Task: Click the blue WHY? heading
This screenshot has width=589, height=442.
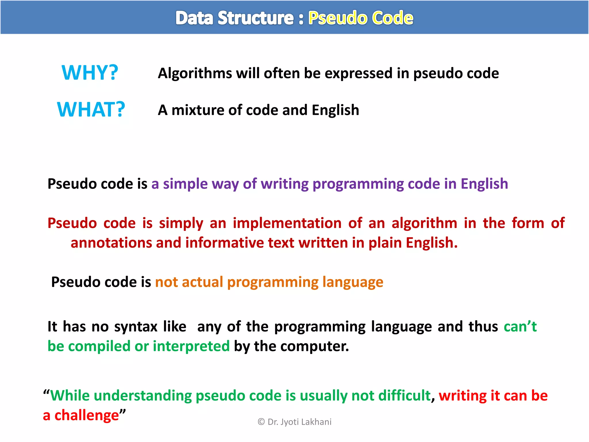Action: [x=90, y=73]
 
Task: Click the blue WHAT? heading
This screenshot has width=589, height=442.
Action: [x=91, y=110]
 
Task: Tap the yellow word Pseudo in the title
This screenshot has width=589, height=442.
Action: [x=338, y=18]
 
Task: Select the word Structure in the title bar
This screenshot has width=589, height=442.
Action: [x=255, y=18]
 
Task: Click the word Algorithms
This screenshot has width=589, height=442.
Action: [x=195, y=73]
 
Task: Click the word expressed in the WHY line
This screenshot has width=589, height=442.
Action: [x=358, y=73]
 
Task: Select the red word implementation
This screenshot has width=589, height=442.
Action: [x=287, y=223]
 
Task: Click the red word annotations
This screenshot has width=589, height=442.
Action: [x=111, y=243]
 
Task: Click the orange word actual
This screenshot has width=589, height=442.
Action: [x=202, y=282]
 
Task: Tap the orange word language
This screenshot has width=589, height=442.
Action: [x=353, y=282]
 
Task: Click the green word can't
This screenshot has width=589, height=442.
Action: [x=520, y=327]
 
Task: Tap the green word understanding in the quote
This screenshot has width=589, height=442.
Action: [x=143, y=396]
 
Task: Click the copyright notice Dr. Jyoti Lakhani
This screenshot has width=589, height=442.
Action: [x=294, y=422]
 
